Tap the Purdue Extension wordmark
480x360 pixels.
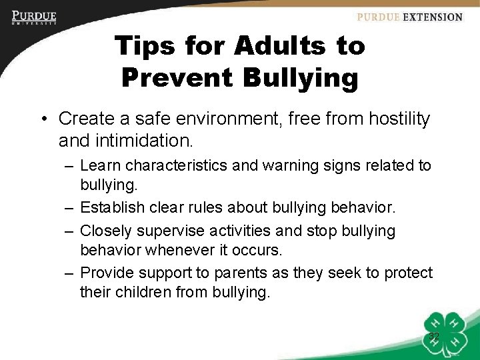point(409,17)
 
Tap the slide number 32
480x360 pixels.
point(434,337)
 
